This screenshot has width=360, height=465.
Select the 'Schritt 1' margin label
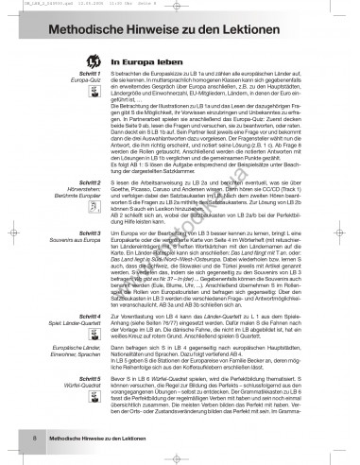coord(63,78)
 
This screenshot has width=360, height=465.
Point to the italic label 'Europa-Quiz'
coord(61,86)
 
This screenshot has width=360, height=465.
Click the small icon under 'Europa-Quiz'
coord(72,98)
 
